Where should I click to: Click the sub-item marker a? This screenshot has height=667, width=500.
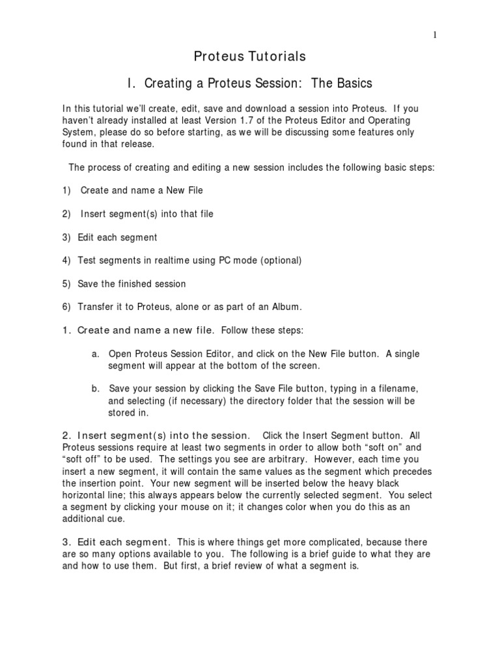95,354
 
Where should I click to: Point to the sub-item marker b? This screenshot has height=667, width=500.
95,389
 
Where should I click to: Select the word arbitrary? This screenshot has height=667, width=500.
275,459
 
